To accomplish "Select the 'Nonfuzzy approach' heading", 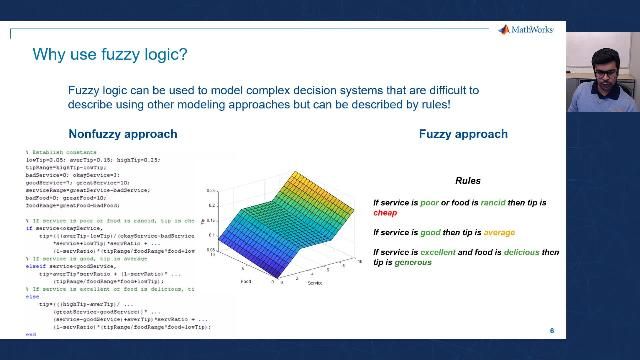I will point(122,134).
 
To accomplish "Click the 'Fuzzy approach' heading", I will point(462,134).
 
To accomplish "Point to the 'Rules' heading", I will point(467,181).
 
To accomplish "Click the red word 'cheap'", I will point(385,213).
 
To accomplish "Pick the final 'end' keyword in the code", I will point(30,334).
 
